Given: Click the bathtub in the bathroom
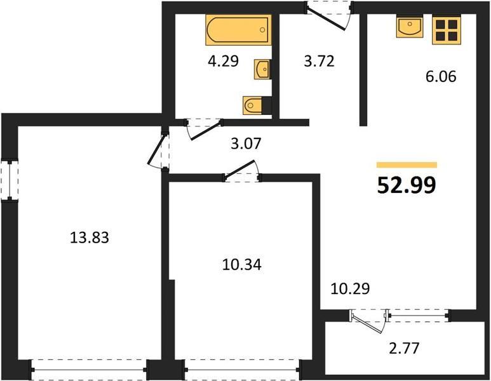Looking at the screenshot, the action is [x=238, y=30].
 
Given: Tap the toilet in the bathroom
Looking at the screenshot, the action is [x=253, y=105].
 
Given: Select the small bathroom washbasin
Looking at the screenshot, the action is [x=262, y=69].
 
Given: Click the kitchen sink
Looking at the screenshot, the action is [x=409, y=27].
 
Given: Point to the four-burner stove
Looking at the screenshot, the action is [x=447, y=30].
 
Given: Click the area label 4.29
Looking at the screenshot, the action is [x=223, y=61].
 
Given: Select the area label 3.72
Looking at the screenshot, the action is [x=319, y=61].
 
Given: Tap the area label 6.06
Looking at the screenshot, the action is [x=441, y=76].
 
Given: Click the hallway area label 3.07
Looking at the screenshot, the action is [x=246, y=144].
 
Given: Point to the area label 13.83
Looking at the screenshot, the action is [x=90, y=237].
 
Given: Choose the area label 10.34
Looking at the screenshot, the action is [x=242, y=265].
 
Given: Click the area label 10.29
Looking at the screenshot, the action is [x=350, y=289].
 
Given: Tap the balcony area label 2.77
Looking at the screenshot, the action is [x=403, y=348].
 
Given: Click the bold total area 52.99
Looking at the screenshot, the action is [x=407, y=185].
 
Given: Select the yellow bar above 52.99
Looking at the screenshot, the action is [x=407, y=165].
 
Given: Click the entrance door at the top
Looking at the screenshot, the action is [x=329, y=15].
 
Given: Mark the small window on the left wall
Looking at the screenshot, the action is [x=10, y=181].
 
